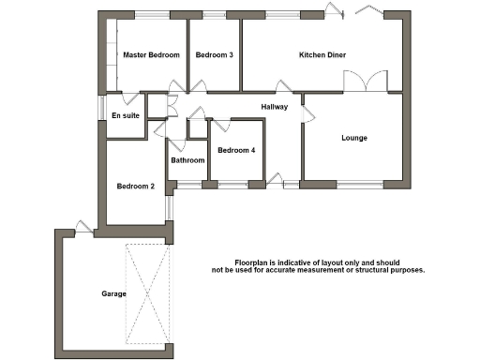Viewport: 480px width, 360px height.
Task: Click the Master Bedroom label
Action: coord(151,55)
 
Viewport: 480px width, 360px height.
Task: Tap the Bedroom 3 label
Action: coord(215,55)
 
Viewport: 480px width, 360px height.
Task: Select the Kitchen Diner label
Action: coord(322,55)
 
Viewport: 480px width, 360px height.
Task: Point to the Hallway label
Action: coord(275,106)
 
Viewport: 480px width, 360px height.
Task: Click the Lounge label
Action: coord(354,138)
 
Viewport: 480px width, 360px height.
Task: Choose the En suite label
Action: coord(126,115)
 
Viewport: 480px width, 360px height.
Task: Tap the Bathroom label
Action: coord(187,160)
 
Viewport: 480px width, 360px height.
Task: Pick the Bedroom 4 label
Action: coord(236,150)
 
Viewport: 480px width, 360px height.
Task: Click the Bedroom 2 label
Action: coord(135,186)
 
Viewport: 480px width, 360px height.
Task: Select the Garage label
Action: coord(114,294)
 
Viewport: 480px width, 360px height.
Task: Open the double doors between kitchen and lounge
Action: coord(365,82)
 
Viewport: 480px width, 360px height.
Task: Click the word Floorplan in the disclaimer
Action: coord(253,262)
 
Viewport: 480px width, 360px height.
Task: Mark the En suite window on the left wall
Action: coord(102,109)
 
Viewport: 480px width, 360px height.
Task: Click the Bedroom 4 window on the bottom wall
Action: coord(233,184)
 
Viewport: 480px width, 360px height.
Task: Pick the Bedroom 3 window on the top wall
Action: coord(215,14)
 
